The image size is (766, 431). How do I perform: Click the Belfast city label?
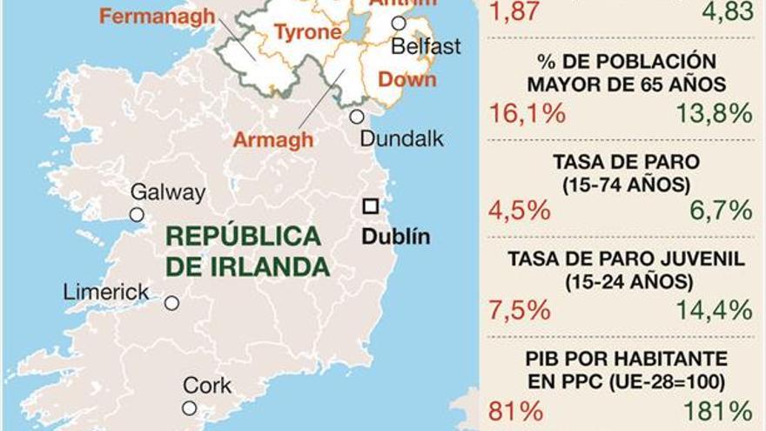[426, 46]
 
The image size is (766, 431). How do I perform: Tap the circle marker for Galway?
[137, 214]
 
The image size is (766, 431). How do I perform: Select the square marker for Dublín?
[371, 206]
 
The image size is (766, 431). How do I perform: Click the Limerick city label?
[106, 293]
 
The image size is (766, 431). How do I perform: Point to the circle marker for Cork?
[189, 407]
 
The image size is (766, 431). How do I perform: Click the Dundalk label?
[401, 138]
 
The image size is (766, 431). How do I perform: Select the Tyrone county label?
[307, 33]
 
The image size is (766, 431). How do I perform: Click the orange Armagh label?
[273, 139]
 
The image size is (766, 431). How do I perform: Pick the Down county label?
[407, 79]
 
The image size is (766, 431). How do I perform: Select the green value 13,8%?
[713, 113]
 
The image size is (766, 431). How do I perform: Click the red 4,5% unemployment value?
[521, 211]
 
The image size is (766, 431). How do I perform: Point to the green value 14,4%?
[713, 309]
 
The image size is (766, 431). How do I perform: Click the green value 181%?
[717, 409]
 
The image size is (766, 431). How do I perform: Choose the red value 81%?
[517, 409]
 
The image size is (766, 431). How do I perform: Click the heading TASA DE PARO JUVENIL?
[626, 259]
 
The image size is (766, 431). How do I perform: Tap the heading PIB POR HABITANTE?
[626, 358]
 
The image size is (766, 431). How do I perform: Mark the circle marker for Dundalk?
[357, 117]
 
